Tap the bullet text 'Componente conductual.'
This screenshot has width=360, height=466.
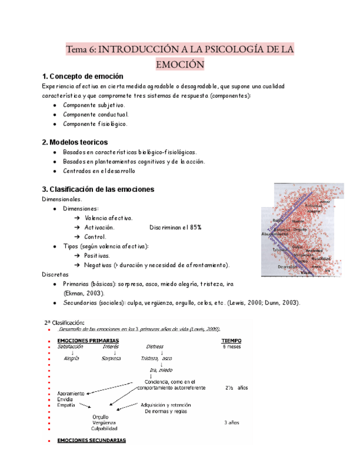click(x=96, y=114)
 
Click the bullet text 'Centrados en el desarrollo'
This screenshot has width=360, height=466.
click(x=99, y=171)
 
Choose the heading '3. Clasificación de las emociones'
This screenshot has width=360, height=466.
click(x=98, y=189)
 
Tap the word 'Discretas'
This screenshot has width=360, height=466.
click(x=55, y=274)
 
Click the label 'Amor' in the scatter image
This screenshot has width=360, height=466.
click(x=325, y=202)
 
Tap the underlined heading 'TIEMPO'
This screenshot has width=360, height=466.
click(x=231, y=341)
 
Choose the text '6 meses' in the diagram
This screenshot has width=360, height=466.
click(x=232, y=347)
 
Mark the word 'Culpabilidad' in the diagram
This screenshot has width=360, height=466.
click(x=104, y=428)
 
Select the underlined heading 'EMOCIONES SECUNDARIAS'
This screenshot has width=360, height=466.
click(x=92, y=440)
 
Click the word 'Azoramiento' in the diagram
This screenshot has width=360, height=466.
click(x=71, y=393)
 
